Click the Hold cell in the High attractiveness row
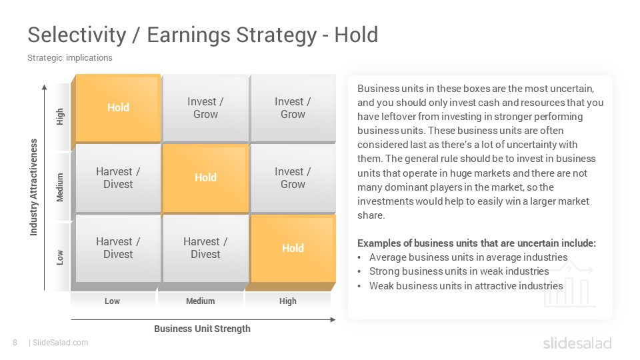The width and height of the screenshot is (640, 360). [x=118, y=108]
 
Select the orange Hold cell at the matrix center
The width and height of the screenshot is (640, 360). [x=205, y=177]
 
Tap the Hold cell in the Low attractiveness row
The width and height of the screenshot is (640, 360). [x=293, y=248]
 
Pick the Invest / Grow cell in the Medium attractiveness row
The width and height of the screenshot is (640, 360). [x=293, y=177]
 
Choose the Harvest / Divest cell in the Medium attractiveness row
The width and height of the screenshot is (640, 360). [x=118, y=177]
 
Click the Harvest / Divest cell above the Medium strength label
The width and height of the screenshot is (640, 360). [x=205, y=248]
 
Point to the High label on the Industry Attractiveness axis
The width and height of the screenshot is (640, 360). [x=60, y=117]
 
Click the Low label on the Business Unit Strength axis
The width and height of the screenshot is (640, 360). [x=112, y=301]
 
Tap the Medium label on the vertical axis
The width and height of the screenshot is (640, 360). [x=60, y=187]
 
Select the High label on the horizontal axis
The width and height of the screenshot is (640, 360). [x=288, y=301]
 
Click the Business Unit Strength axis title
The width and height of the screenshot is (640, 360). [x=202, y=329]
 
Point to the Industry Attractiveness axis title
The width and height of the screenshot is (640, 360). [x=33, y=187]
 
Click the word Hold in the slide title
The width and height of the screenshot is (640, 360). [x=356, y=35]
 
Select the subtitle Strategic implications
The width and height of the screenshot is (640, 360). [x=70, y=57]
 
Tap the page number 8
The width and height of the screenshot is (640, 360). [x=15, y=343]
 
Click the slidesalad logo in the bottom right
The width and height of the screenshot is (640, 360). [x=577, y=343]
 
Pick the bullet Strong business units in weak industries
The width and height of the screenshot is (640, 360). [x=459, y=271]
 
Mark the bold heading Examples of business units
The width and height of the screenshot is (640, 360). [x=476, y=243]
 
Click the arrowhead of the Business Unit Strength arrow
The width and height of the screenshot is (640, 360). [x=333, y=319]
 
